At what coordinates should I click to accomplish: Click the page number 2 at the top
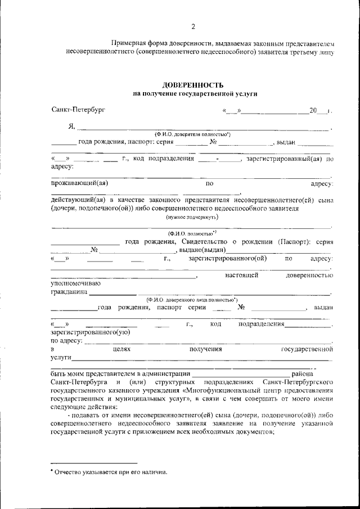click(192, 26)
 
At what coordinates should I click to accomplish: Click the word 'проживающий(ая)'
click(79, 183)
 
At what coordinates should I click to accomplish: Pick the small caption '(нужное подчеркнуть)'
click(192, 217)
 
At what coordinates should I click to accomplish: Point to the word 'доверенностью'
click(310, 275)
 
